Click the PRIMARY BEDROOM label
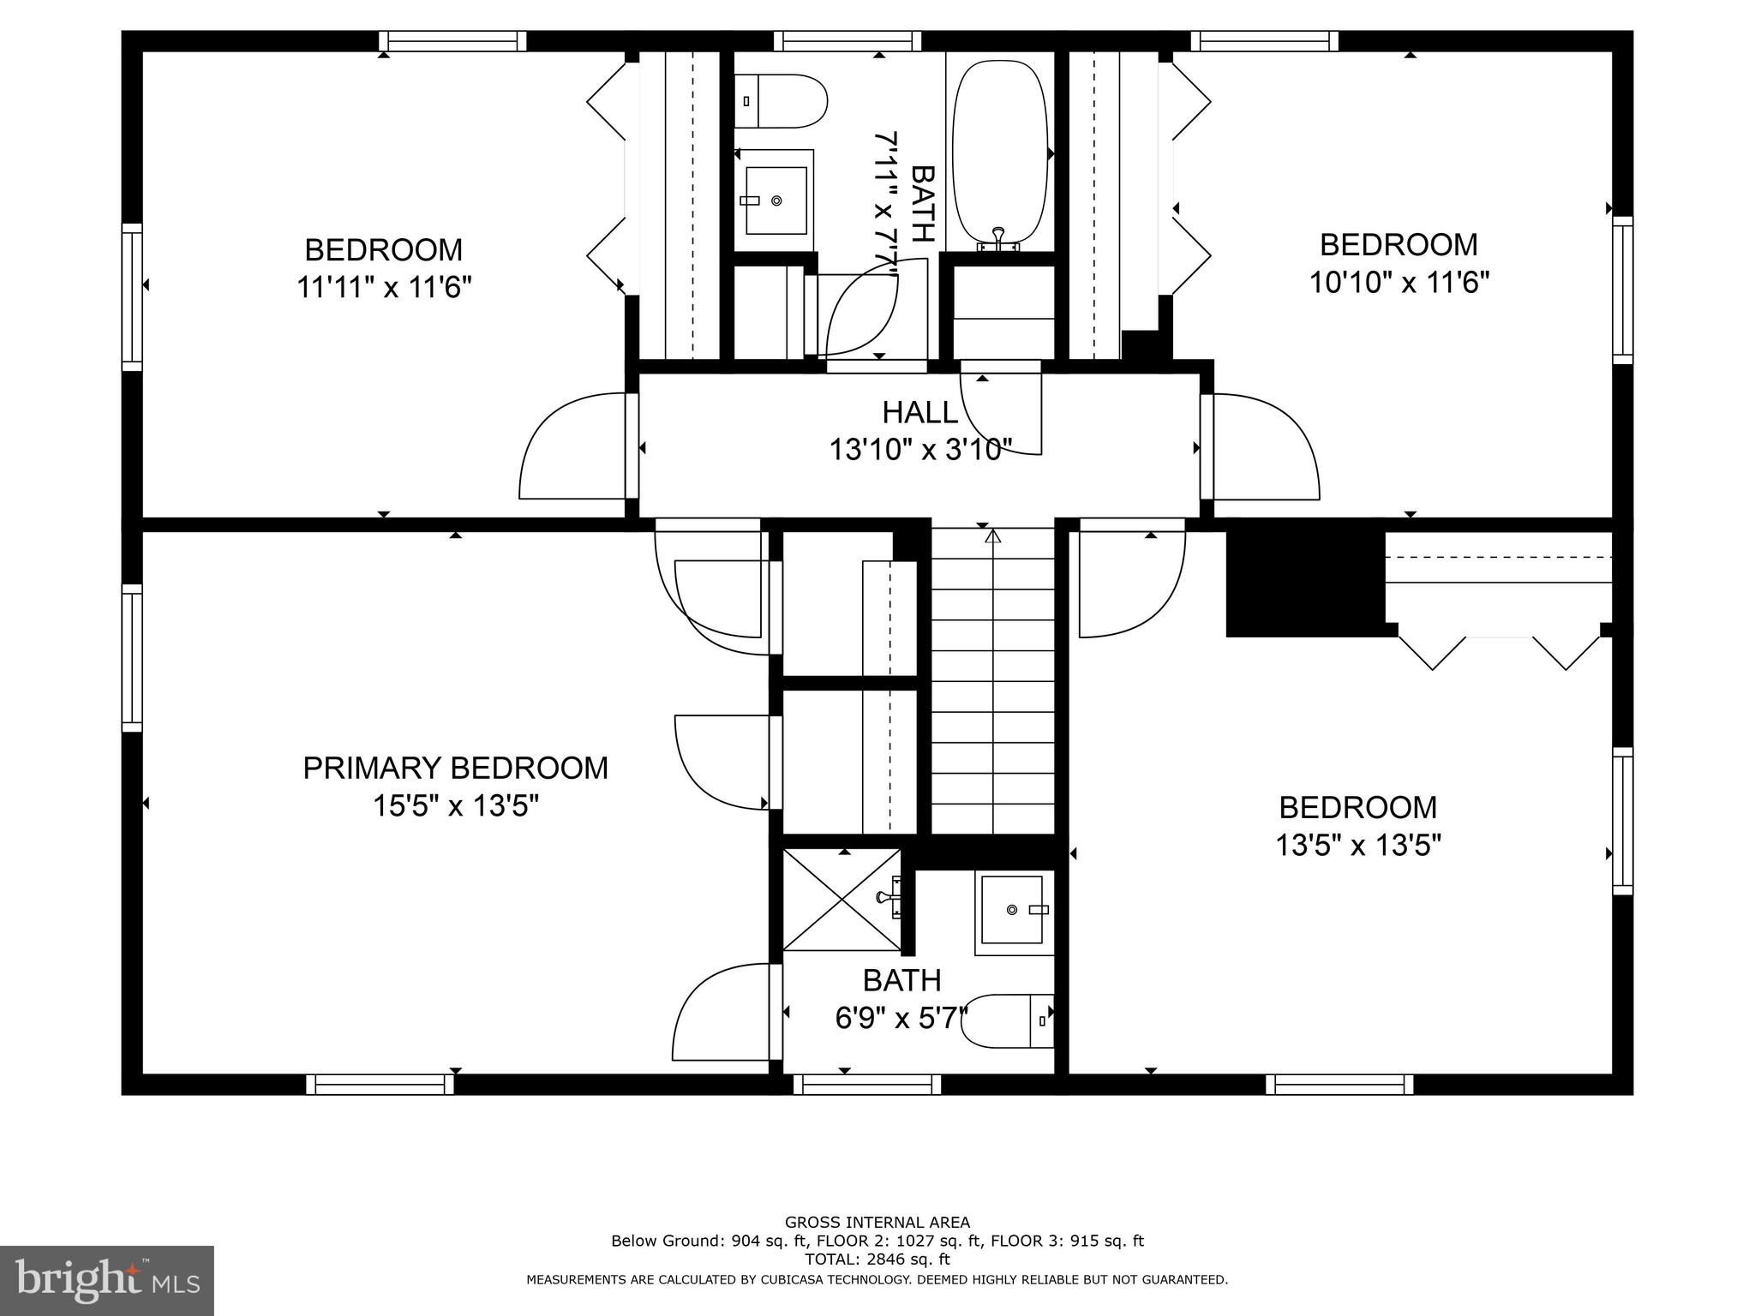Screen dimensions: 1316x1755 455,768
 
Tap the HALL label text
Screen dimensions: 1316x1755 919,413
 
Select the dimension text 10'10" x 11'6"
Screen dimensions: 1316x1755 1399,283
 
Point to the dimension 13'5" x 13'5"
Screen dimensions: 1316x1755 1358,846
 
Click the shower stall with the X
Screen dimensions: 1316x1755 842,900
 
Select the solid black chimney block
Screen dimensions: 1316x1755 1304,583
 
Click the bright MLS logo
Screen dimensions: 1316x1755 107,1280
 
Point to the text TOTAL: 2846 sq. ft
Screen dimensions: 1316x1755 877,1259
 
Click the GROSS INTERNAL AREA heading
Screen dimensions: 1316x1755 877,1223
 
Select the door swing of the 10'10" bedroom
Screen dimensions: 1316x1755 1264,446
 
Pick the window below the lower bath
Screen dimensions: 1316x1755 866,1084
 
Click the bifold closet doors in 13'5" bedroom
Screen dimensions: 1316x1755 1499,651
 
